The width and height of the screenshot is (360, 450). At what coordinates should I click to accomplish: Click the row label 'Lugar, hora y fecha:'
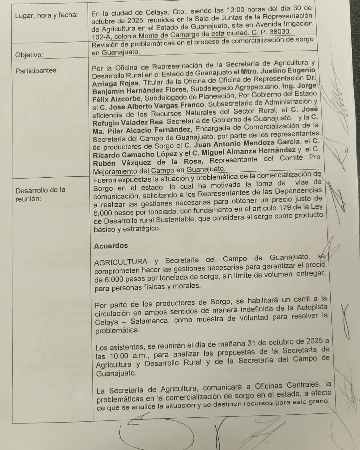46,15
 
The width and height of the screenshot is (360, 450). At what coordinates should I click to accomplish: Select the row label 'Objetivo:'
29,55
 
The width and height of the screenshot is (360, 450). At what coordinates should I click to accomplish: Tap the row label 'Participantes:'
37,70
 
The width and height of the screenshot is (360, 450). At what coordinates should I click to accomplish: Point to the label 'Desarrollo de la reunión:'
40,194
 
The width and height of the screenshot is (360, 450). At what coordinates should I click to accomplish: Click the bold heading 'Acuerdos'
111,246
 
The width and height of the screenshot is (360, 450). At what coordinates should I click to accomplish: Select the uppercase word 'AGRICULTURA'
121,262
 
